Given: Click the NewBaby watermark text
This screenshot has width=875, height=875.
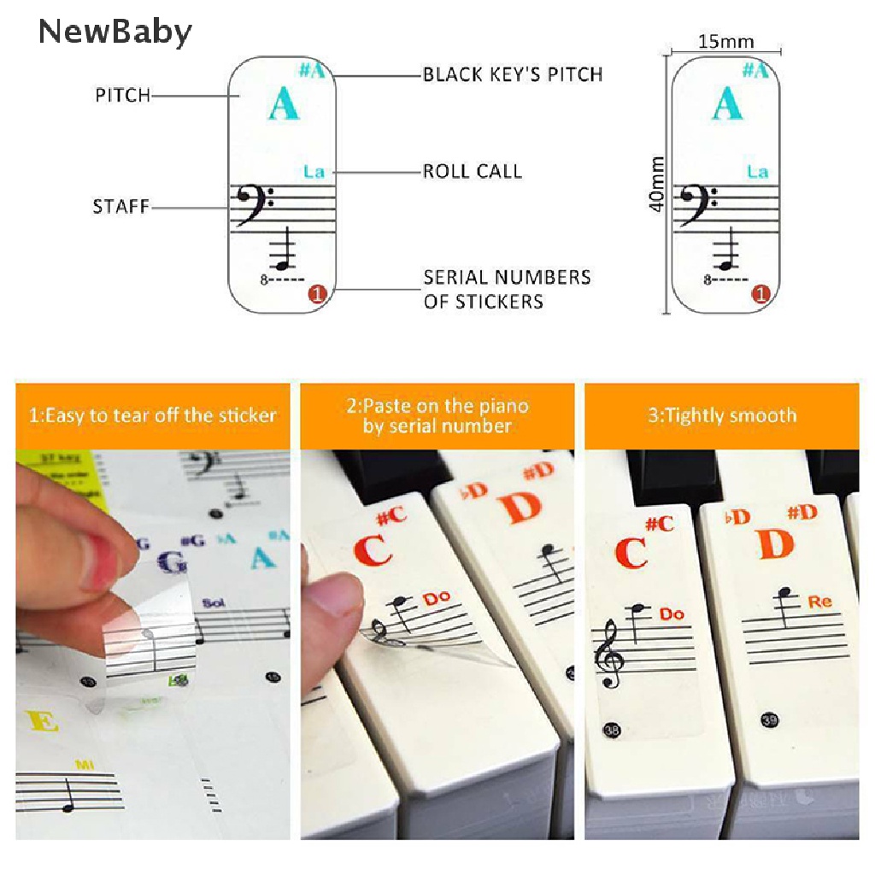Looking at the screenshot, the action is (115, 32).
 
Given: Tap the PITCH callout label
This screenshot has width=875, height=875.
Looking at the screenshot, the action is (122, 96).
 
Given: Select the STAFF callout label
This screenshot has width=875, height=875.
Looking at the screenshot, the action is (121, 207).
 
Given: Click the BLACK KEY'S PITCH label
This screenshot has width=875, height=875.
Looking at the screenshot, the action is (513, 74).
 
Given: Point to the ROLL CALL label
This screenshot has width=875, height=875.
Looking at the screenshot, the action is (473, 171).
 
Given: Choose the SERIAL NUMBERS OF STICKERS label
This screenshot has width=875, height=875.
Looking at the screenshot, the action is (507, 289).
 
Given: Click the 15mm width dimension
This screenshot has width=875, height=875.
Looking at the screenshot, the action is (726, 41).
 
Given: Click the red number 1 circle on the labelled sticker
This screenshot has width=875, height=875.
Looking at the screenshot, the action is (317, 295).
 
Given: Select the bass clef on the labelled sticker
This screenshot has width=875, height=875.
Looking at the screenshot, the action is (253, 205).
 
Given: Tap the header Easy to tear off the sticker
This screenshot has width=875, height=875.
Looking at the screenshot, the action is (153, 416).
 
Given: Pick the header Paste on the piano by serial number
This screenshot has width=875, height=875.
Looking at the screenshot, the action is (437, 415).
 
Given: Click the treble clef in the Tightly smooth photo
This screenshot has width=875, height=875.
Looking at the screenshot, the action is (610, 655).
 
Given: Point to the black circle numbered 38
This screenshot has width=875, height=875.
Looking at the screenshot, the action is (610, 731).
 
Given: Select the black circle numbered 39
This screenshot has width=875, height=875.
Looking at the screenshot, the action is (769, 720).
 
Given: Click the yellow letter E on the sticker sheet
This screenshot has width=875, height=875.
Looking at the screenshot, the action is (43, 722).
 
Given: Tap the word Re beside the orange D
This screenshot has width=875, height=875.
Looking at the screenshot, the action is (819, 602).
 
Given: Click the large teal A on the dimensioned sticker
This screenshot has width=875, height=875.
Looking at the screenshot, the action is (726, 105).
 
